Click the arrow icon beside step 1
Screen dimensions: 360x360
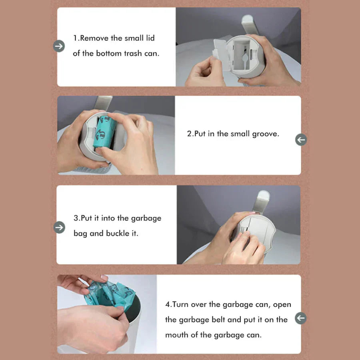pyautogui.click(x=59, y=46)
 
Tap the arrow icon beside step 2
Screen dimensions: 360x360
pyautogui.click(x=301, y=140)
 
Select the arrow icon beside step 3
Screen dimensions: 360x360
pyautogui.click(x=59, y=227)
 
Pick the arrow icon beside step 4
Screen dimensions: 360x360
pyautogui.click(x=300, y=318)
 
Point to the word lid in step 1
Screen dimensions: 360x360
pyautogui.click(x=148, y=38)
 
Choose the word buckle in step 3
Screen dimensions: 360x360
pyautogui.click(x=118, y=233)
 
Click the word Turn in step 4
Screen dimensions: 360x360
pyautogui.click(x=181, y=304)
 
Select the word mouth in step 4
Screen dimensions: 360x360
pyautogui.click(x=178, y=335)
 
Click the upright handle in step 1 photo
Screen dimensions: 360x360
pyautogui.click(x=248, y=24)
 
